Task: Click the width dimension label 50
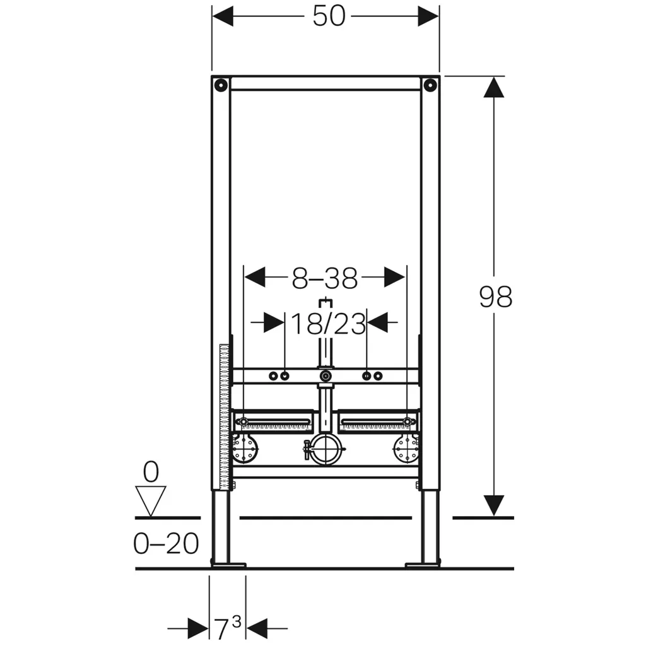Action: [x=329, y=17]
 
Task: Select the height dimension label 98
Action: [x=496, y=297]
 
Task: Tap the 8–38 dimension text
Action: [x=325, y=278]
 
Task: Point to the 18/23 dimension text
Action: [x=328, y=324]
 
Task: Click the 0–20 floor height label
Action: [x=166, y=543]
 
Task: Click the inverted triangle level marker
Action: [x=151, y=501]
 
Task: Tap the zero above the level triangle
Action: [x=151, y=472]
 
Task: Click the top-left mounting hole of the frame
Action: [x=221, y=85]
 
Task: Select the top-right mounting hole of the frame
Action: [x=430, y=85]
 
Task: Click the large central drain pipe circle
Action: [x=326, y=449]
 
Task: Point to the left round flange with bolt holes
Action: [x=245, y=449]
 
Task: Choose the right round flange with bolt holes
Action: [x=407, y=449]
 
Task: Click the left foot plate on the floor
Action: [x=228, y=565]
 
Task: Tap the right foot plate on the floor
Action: [x=423, y=565]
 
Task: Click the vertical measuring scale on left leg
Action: [x=225, y=417]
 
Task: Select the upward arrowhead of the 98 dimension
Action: [x=493, y=87]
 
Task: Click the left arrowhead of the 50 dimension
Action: [x=223, y=16]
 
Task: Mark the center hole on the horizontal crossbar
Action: [x=326, y=376]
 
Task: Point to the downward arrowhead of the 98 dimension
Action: [x=493, y=505]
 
